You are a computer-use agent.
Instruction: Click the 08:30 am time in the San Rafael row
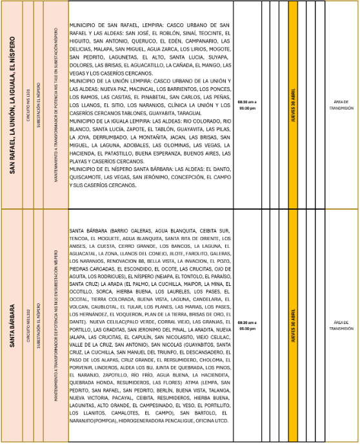pos(246,102)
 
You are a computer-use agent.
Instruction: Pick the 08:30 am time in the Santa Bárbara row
pos(246,321)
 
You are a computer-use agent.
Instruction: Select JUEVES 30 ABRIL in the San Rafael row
pos(294,105)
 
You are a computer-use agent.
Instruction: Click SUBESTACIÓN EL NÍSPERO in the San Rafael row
pos(41,105)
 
